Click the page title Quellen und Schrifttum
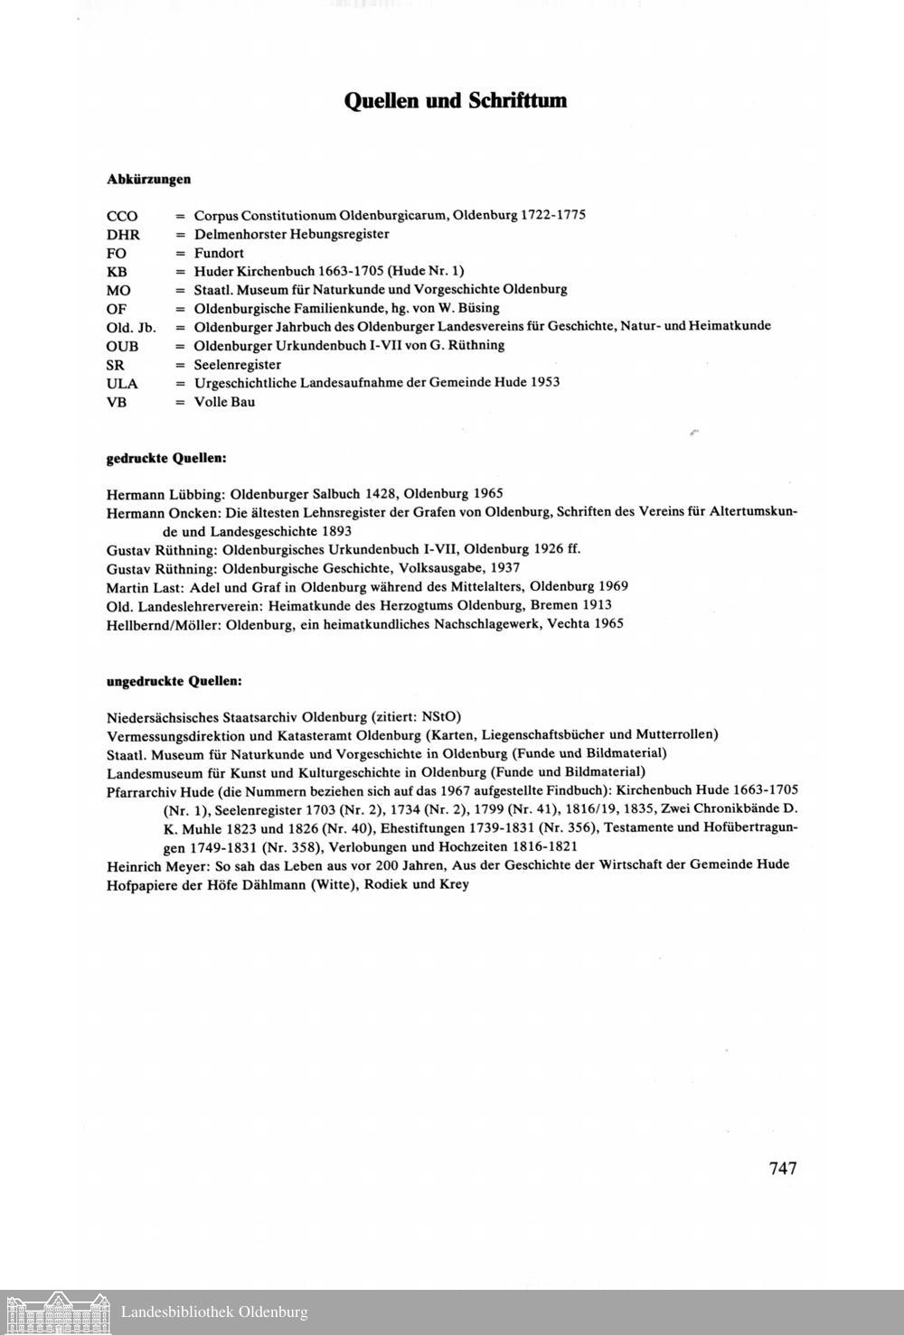point(455,100)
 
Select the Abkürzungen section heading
point(148,179)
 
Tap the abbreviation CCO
point(122,216)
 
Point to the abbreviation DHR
point(123,235)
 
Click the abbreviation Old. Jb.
point(131,327)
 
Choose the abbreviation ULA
point(122,383)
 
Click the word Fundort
point(219,253)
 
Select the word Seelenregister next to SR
point(238,364)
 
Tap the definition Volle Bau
point(224,402)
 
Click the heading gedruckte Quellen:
point(166,458)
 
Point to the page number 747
point(783,1168)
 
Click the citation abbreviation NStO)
point(441,716)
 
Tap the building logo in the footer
point(56,1312)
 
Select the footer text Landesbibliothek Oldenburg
point(214,1312)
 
